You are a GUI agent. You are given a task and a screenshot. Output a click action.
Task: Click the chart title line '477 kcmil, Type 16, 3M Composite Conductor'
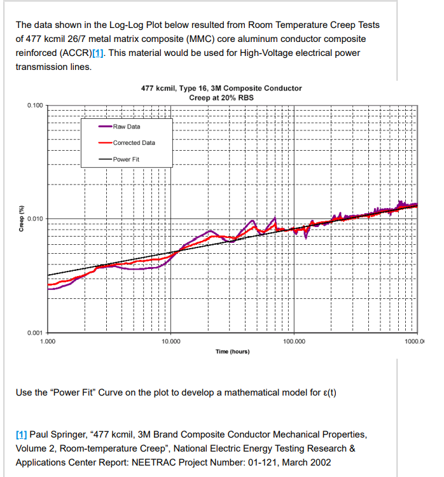click(221, 88)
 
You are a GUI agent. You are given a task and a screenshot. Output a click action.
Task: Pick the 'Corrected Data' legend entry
click(134, 142)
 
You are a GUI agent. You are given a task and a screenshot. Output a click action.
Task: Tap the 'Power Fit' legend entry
click(126, 158)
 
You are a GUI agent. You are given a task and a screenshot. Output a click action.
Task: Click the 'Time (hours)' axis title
click(232, 352)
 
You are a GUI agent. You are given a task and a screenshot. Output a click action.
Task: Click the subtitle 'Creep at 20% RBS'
click(221, 97)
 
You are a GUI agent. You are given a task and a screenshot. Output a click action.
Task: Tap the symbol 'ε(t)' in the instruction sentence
click(328, 392)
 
